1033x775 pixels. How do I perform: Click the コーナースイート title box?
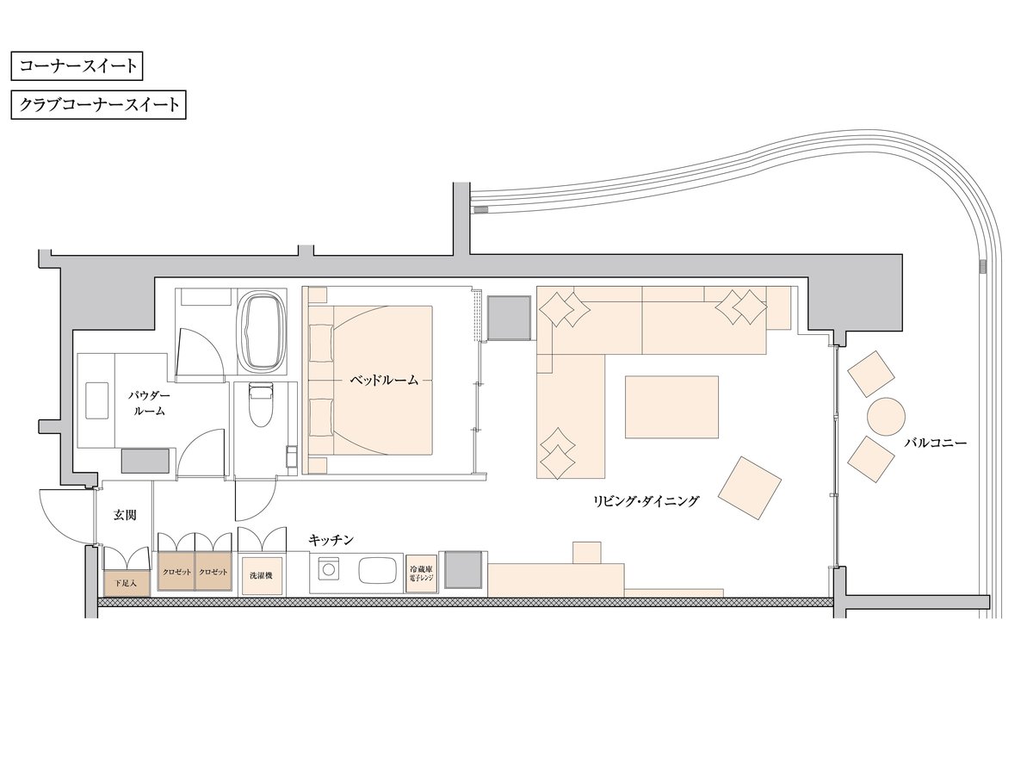coord(77,66)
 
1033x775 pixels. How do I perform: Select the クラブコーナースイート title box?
coord(98,105)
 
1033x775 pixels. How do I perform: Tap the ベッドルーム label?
coord(384,381)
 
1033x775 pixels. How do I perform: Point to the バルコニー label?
coord(935,443)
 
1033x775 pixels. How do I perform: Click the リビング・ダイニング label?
coord(646,502)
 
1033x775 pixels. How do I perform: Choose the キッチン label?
coord(331,540)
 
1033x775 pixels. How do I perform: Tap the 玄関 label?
coord(125,515)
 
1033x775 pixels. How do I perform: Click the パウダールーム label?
coord(149,403)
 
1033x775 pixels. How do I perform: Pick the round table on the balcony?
coord(886,417)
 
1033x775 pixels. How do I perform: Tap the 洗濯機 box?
coord(262,576)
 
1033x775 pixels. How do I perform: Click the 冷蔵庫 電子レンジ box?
coord(422,574)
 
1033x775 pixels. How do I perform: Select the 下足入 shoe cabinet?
coord(127,584)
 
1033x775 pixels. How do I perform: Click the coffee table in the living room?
coord(671,407)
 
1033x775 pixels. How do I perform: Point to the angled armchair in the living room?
coord(750,488)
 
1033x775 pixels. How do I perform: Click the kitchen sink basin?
coord(377,571)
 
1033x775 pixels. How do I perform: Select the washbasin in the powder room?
coord(97,400)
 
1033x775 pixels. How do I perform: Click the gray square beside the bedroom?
coord(510,318)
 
